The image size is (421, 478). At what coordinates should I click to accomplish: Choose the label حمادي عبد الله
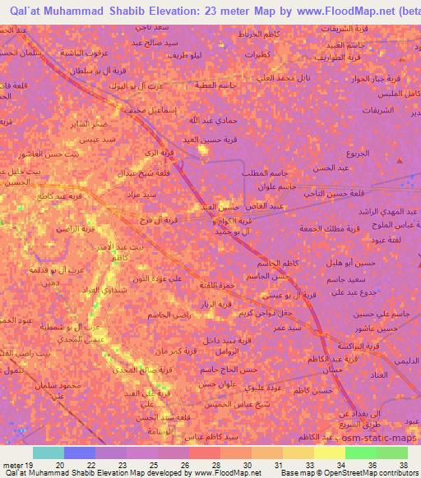tap(195, 120)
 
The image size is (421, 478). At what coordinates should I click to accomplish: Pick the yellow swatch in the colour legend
tap(328, 453)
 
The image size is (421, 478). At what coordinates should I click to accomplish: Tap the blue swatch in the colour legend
tap(78, 453)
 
